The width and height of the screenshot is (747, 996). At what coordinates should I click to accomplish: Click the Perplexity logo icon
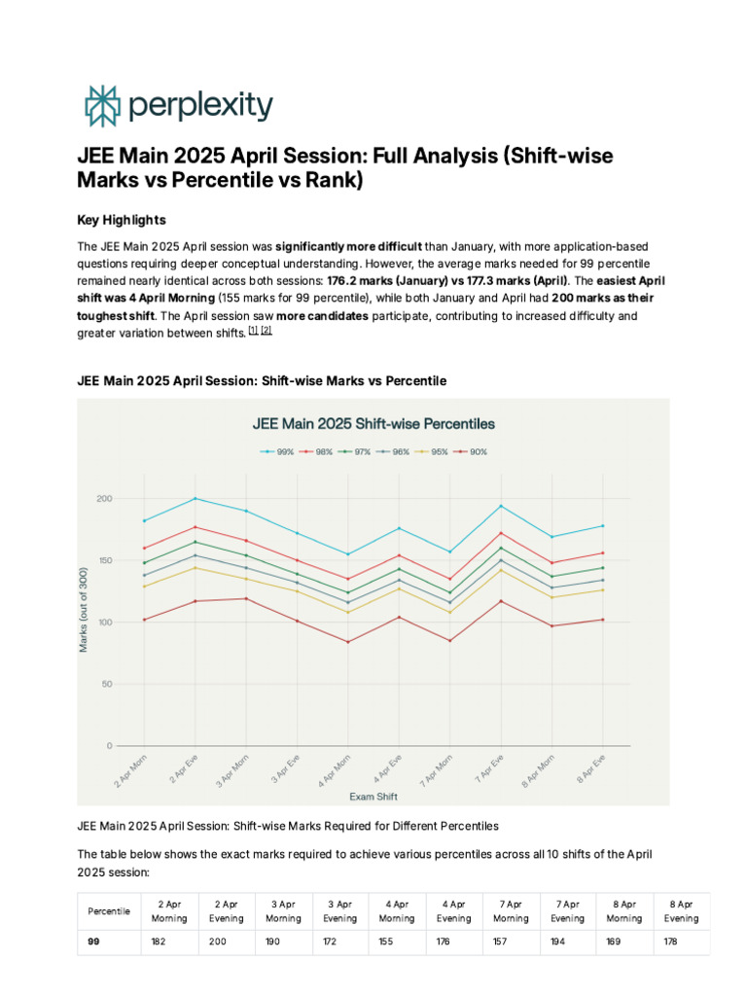point(101,106)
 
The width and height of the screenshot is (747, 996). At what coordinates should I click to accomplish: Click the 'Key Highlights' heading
point(121,219)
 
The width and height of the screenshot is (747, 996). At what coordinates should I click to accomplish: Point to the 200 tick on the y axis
point(104,499)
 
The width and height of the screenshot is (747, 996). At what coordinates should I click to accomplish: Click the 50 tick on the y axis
point(107,685)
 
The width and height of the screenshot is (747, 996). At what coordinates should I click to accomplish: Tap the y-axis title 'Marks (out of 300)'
point(85,611)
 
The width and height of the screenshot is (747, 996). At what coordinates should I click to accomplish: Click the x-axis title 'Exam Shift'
point(373,796)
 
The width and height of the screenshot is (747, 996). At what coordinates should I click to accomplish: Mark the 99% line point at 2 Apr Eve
point(196,499)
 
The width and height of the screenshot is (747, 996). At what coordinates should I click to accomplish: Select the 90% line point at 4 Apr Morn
point(348,642)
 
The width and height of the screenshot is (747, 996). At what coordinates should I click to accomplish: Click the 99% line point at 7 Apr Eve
point(501,506)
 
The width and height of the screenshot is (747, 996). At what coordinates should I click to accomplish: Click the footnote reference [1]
point(252,331)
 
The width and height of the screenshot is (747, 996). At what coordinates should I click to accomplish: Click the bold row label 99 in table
point(94,942)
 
